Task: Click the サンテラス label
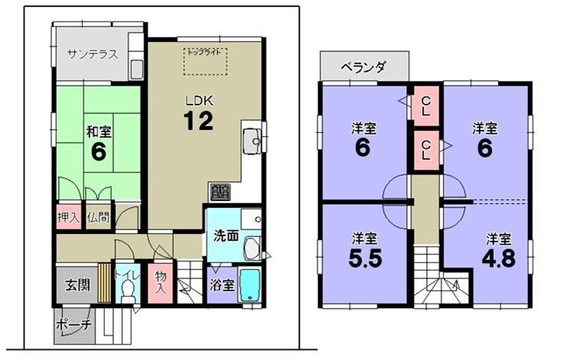coord(92,54)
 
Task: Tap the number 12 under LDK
coord(197,121)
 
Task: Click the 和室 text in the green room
coord(98,129)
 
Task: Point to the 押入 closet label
coord(69,217)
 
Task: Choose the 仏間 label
coord(97,217)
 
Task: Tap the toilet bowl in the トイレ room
coord(128,291)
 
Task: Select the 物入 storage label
coord(160,284)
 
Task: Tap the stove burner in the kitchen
coord(220,192)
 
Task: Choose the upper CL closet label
coord(425,106)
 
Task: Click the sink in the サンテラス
coord(136,67)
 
